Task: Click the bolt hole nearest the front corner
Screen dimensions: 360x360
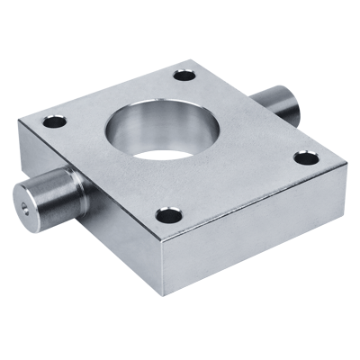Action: pos(166,215)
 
